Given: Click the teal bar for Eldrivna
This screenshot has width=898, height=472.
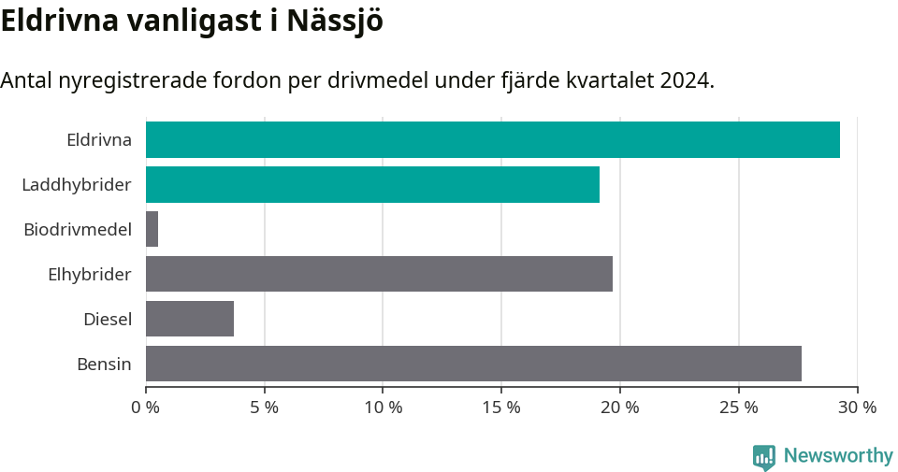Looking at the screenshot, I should click(492, 139).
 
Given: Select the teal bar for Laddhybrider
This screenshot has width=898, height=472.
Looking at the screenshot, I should click(372, 184).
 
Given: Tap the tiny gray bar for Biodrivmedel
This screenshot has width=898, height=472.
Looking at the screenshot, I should click(152, 229).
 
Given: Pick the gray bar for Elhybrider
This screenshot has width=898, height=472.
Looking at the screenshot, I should click(379, 274).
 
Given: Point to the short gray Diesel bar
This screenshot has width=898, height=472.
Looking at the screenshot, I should click(190, 319).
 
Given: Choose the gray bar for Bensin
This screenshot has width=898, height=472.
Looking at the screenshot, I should click(473, 364).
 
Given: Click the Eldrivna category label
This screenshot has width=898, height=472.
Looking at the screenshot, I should click(98, 140).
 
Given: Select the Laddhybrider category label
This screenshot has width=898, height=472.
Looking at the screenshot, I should click(77, 185).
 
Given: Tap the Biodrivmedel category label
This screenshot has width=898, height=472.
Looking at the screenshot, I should click(78, 230).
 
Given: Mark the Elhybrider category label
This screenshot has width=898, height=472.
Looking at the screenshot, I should click(90, 275).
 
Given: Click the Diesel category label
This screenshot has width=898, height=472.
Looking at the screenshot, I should click(108, 320).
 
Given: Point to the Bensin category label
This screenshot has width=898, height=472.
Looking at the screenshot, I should click(104, 365).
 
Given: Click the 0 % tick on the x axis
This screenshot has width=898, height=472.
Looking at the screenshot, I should click(146, 408).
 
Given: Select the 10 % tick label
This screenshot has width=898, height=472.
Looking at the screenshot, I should click(383, 408).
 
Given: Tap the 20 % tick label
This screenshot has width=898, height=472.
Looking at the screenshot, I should click(619, 408).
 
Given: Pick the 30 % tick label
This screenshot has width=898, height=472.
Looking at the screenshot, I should click(857, 408).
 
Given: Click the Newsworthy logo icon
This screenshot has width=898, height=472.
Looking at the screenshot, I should click(764, 457).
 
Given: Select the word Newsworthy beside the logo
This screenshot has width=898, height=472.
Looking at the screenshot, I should click(838, 456).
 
